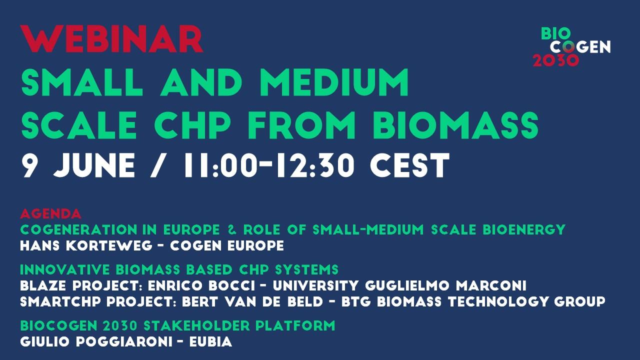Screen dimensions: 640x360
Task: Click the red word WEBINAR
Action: [111, 39]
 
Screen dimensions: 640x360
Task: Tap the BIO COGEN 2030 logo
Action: [571, 47]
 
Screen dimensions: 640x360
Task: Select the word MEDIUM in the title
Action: [334, 82]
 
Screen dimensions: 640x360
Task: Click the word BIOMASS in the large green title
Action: [455, 125]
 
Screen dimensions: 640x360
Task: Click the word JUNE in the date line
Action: [94, 165]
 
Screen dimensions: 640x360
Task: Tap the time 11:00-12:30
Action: [269, 165]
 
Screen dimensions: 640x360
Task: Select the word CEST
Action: [409, 165]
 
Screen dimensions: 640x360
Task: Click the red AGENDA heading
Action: [50, 213]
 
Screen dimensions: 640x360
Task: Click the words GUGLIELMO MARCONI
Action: [445, 285]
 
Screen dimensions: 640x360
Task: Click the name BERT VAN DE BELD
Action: [252, 301]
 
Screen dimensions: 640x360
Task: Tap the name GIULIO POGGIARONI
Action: [96, 341]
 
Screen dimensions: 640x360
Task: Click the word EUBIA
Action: [210, 341]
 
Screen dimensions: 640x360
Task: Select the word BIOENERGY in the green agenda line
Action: [524, 229]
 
